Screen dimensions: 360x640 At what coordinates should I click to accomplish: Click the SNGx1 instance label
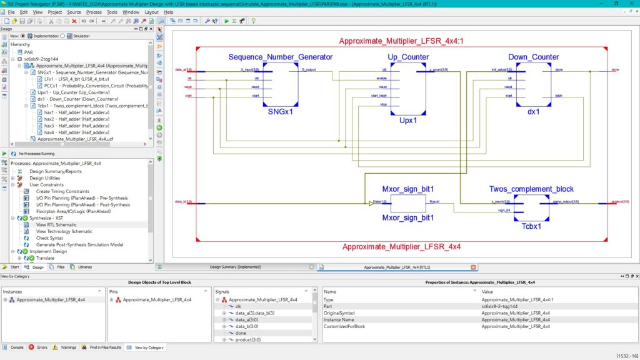(280, 112)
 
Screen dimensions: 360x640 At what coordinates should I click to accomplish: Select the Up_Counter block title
(408, 57)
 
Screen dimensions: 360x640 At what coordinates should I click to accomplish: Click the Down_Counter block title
(533, 57)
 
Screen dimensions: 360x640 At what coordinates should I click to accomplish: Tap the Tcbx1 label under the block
(531, 226)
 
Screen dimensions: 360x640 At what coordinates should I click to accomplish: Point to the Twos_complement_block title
(531, 189)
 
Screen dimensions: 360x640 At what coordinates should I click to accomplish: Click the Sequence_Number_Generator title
(281, 57)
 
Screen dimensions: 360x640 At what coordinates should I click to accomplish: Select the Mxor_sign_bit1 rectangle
(408, 203)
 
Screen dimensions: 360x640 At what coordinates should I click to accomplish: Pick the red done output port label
(615, 70)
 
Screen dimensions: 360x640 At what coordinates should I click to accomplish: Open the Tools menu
(112, 12)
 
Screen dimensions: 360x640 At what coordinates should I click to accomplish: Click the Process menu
(94, 12)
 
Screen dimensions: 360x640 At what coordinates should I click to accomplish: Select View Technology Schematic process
(64, 231)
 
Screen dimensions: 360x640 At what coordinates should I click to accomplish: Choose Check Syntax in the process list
(49, 238)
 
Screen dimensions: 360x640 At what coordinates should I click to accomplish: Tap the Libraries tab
(81, 267)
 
